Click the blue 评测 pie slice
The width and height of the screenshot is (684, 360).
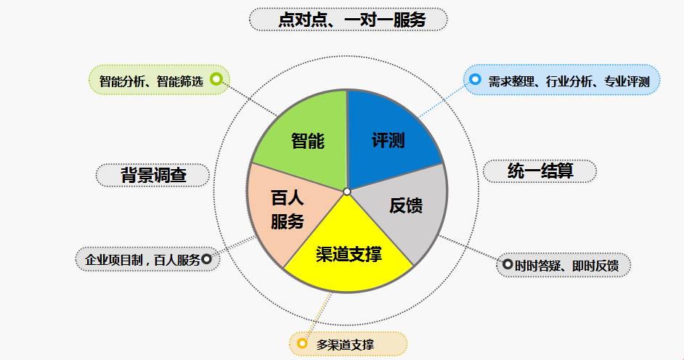tap(388, 139)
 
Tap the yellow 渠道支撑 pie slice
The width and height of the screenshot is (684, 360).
tap(348, 253)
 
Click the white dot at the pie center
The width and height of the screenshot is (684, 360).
tap(347, 192)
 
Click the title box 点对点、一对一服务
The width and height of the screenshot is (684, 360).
tap(349, 20)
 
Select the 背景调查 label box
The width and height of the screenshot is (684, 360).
tap(152, 175)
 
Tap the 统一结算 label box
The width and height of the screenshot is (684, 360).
tap(540, 171)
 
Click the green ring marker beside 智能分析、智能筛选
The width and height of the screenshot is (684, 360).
tap(216, 79)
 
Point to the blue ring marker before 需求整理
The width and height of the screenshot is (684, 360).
tap(475, 79)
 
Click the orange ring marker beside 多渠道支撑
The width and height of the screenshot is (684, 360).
tap(302, 343)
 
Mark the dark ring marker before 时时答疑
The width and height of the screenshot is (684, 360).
tap(508, 264)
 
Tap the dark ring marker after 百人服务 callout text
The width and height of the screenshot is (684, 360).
tap(206, 259)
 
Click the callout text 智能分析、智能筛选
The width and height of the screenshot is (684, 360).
tap(151, 81)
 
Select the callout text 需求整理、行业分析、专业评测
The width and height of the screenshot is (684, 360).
tap(569, 81)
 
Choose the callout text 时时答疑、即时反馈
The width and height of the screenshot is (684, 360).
tap(566, 266)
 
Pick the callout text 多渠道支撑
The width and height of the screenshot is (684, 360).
tap(345, 345)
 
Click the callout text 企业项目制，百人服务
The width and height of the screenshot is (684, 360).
tap(142, 260)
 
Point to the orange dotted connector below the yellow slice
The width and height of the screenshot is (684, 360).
tap(318, 315)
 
